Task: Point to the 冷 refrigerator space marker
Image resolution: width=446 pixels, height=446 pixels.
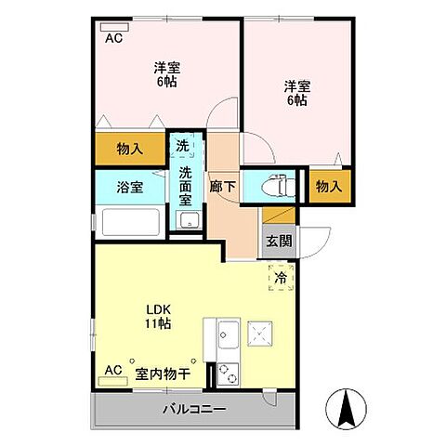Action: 281,276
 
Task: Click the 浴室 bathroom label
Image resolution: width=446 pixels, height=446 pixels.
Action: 129,186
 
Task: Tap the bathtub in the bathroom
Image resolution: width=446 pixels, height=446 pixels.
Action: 130,223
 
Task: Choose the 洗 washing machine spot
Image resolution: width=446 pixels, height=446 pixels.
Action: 183,147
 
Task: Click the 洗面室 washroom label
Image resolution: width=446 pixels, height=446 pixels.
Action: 186,186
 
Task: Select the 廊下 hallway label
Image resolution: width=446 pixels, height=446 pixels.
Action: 222,186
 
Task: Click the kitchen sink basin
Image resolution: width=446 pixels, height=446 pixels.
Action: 227,334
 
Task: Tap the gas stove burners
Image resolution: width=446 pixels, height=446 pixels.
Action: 228,370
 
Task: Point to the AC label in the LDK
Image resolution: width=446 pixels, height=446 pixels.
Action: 113,371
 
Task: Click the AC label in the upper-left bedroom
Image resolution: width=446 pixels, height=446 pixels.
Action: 113,38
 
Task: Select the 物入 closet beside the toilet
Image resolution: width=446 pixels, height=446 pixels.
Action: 329,186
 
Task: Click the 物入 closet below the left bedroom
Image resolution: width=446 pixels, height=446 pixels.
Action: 129,148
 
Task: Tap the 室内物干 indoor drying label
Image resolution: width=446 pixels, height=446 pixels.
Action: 163,374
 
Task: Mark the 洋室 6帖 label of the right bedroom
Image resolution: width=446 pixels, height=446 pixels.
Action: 297,93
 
